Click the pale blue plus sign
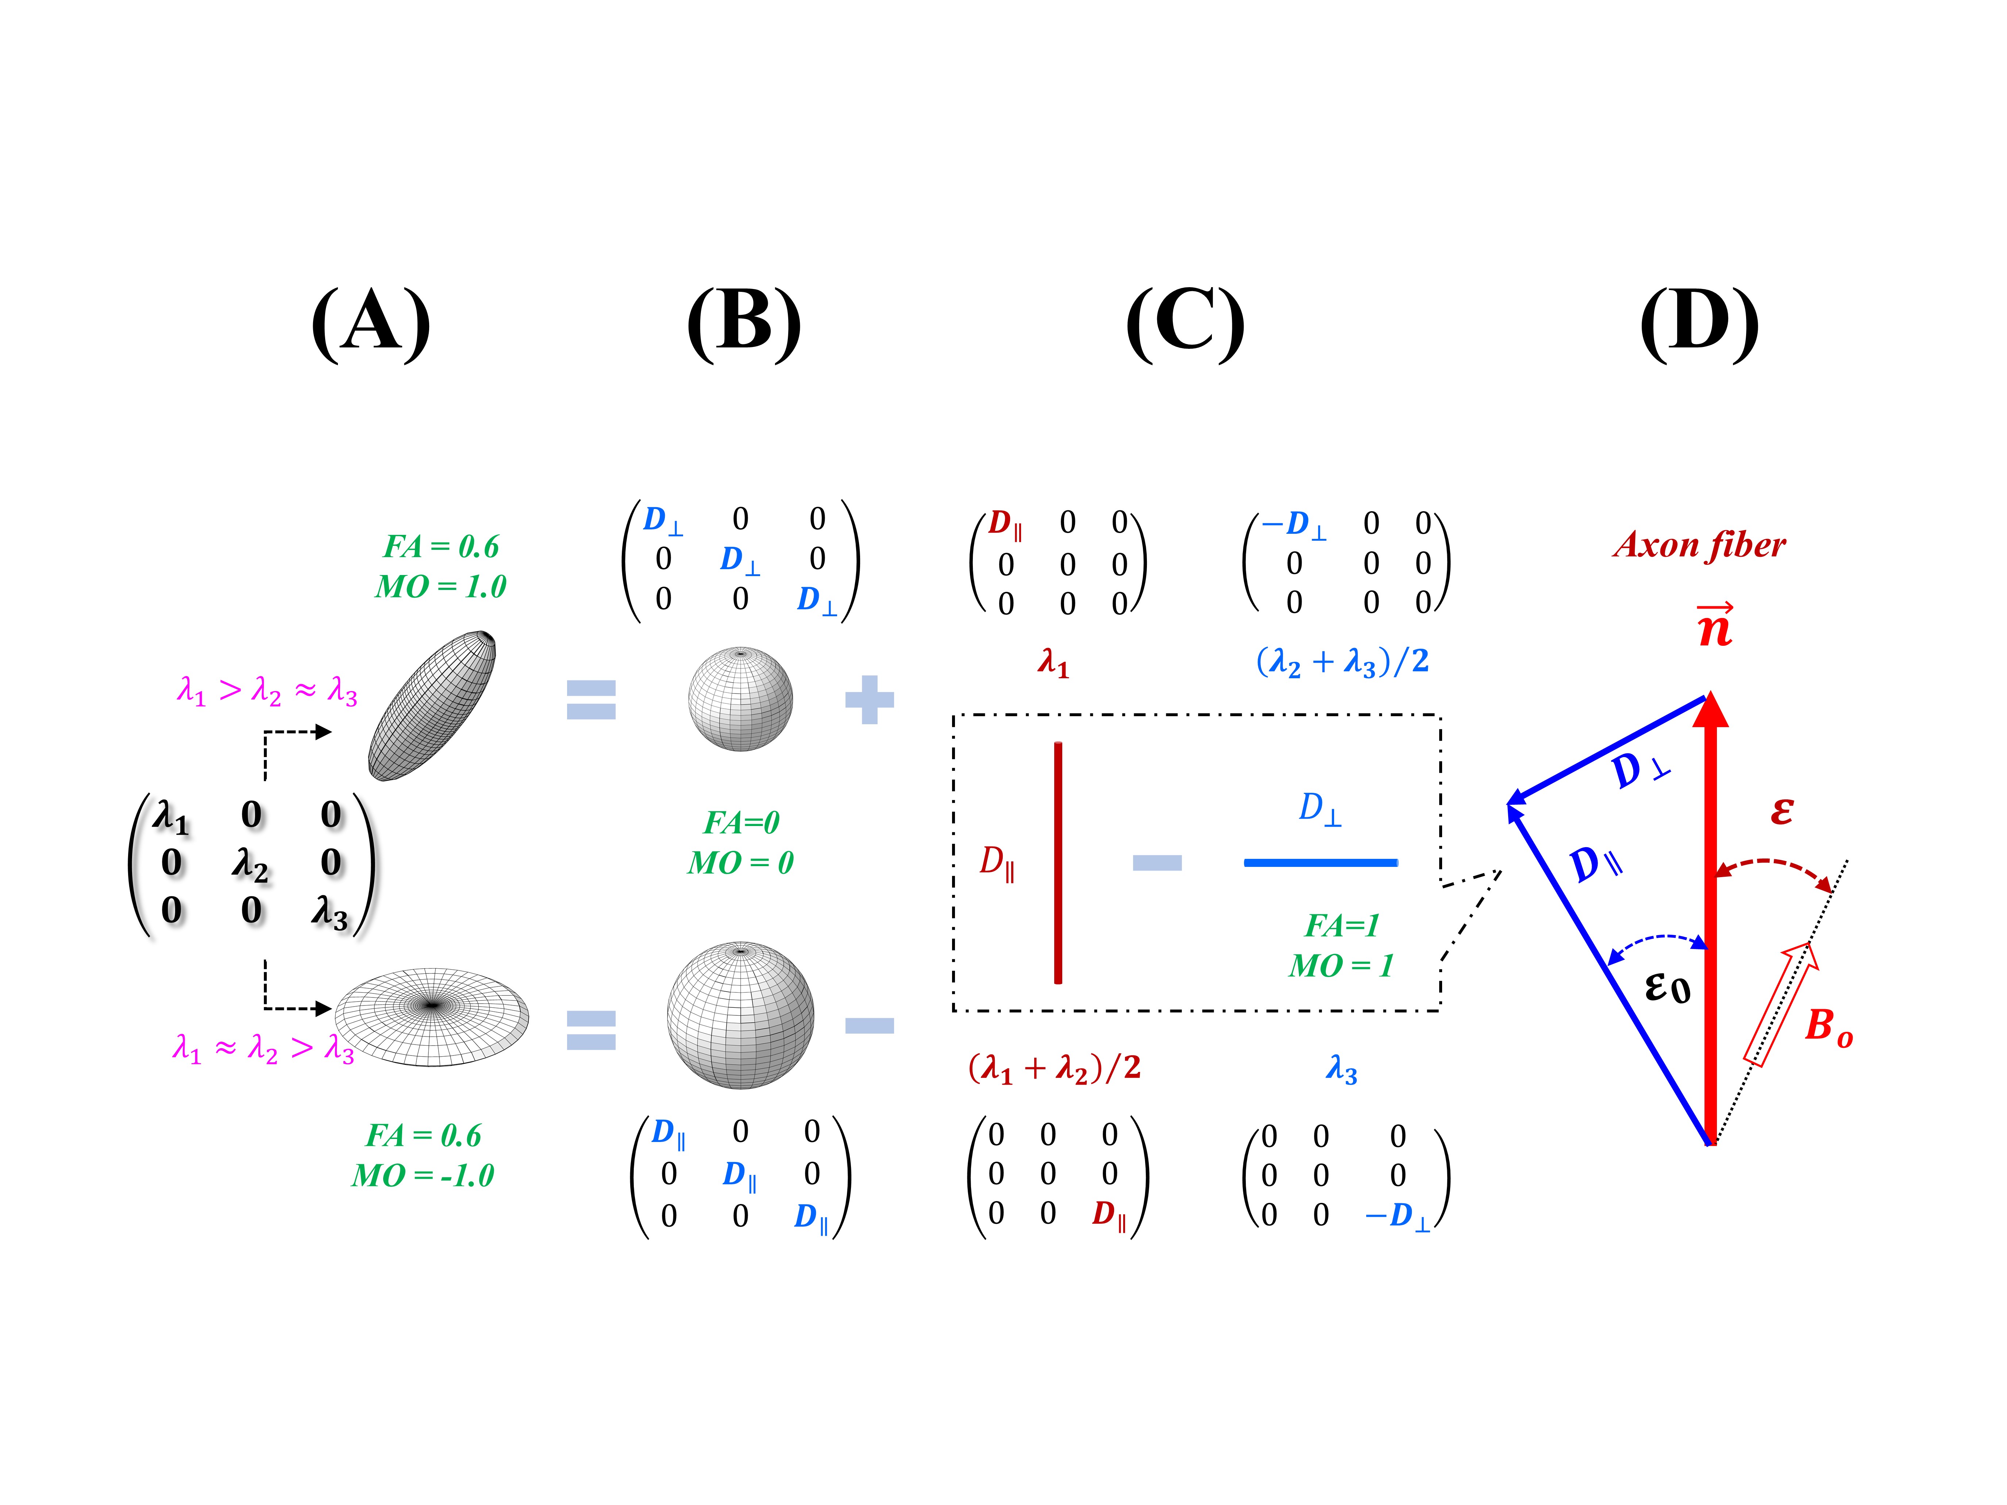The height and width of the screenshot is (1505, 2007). click(x=869, y=699)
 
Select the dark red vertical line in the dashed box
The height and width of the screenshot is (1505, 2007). click(x=1058, y=862)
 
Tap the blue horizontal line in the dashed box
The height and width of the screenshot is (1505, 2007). click(x=1320, y=862)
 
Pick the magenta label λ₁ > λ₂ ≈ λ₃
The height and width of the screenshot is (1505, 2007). click(x=267, y=691)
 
